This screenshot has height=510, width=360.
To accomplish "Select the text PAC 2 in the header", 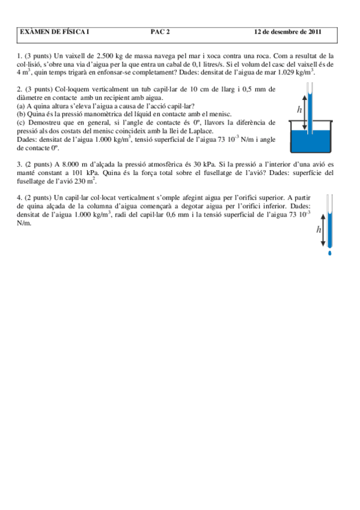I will [160, 31].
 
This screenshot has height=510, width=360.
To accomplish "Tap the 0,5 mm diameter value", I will [253, 89].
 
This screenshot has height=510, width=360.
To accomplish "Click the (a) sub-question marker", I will [21, 105].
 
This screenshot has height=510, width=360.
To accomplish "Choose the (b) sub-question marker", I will [21, 113].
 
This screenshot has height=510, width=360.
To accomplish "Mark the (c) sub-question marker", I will [21, 121].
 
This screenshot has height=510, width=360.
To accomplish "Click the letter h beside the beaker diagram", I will [299, 109].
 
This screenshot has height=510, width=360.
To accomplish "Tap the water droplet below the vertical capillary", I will [329, 253].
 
